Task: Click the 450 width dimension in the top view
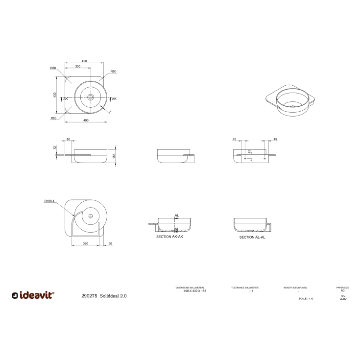tap(84, 61)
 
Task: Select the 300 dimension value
tap(78, 66)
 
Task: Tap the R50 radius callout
tap(113, 72)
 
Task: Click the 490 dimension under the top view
tap(85, 120)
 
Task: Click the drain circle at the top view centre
tap(90, 97)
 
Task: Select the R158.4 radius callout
tap(49, 201)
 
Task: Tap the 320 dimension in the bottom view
tap(85, 243)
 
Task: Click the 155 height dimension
tap(114, 155)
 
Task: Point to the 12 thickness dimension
tap(55, 147)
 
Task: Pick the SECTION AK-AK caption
tap(169, 237)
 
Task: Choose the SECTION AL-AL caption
tap(252, 237)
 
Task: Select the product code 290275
tap(90, 296)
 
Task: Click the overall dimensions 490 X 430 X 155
tap(190, 291)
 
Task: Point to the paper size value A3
tap(342, 290)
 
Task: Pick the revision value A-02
tap(343, 299)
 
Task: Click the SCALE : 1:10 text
tap(306, 298)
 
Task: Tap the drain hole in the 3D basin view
tap(292, 105)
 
